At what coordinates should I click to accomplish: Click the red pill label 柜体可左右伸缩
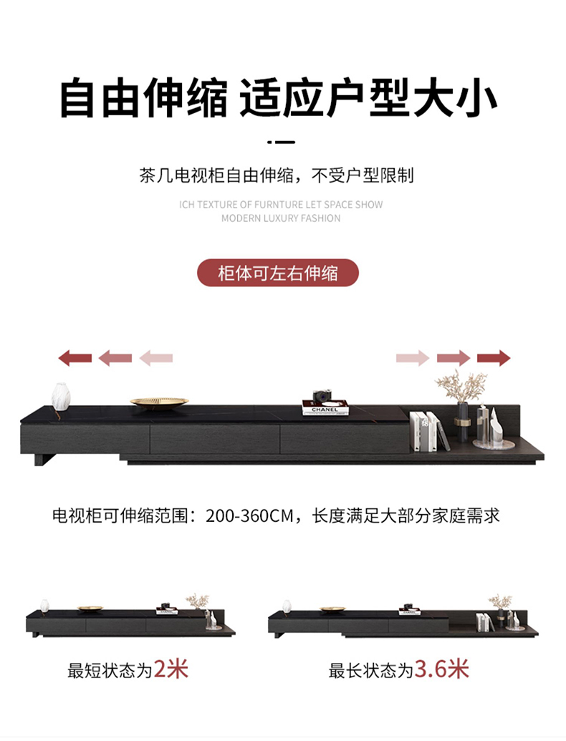click(x=277, y=273)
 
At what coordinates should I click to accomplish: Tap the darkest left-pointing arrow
click(x=75, y=358)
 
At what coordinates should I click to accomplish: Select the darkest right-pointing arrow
click(x=494, y=358)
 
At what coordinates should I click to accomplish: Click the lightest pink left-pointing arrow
click(x=156, y=358)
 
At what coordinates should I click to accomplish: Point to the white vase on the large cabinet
click(x=61, y=397)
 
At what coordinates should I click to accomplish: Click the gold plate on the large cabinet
click(x=159, y=402)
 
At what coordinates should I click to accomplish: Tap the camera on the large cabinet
click(x=322, y=396)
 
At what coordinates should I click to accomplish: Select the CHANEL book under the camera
click(x=325, y=409)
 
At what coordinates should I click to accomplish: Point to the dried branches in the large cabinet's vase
click(x=461, y=386)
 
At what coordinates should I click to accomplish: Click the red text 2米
click(x=171, y=669)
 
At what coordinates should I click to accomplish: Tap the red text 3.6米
click(x=441, y=669)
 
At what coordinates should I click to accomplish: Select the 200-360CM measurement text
click(x=250, y=515)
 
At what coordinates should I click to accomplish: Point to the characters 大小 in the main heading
click(x=454, y=98)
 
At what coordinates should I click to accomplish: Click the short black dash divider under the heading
click(x=281, y=142)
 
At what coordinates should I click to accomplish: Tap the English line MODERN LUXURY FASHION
click(x=281, y=218)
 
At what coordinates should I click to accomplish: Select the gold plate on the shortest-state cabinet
click(x=90, y=609)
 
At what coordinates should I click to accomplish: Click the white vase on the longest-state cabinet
click(x=287, y=606)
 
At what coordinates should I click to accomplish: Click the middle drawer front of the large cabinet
click(x=215, y=440)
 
